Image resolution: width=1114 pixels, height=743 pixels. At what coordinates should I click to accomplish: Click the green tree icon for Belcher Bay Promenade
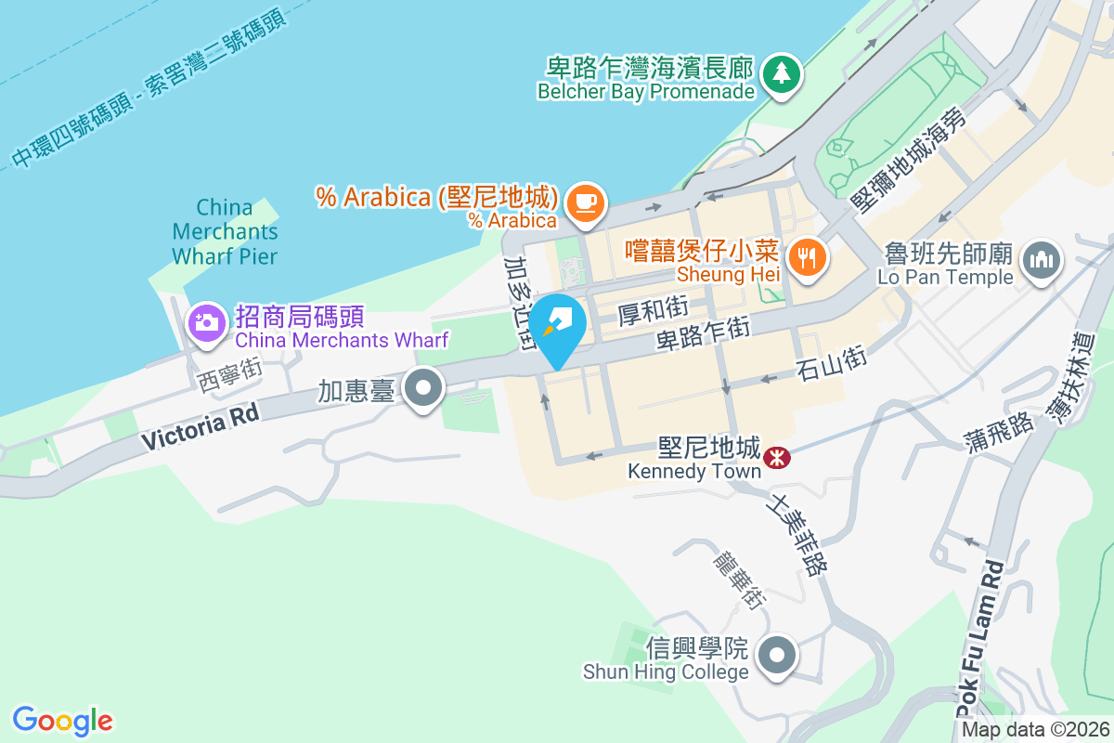[781, 72]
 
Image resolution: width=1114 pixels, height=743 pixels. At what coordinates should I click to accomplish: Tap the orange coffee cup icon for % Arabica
[584, 202]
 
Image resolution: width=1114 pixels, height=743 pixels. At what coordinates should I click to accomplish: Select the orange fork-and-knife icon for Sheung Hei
[805, 256]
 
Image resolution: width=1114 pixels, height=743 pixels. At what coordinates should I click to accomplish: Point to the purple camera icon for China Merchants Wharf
[206, 323]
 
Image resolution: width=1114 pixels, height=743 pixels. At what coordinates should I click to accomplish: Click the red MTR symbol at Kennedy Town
[773, 456]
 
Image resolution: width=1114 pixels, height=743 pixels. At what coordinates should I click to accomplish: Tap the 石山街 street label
[832, 363]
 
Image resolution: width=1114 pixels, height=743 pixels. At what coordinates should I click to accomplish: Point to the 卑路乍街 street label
[703, 332]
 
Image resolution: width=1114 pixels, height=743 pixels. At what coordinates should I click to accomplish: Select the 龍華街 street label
[739, 577]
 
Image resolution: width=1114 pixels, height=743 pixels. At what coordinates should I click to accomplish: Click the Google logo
[62, 721]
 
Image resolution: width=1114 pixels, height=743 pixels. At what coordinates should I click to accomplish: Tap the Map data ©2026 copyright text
[1035, 729]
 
